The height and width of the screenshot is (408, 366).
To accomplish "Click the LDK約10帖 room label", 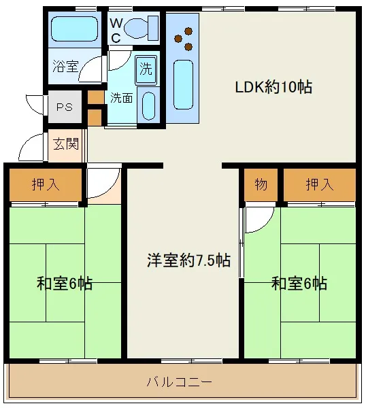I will (273, 87).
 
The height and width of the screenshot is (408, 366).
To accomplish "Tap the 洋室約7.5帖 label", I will (188, 260).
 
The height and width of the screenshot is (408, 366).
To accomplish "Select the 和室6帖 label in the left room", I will (65, 284).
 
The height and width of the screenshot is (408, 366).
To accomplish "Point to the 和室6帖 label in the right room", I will (299, 284).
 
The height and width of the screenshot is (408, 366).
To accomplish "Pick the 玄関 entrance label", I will (66, 144).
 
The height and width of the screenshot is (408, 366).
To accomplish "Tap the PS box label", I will (64, 107).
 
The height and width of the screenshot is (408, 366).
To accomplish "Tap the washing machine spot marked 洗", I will (146, 68).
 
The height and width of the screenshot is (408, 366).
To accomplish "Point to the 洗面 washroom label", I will (122, 98).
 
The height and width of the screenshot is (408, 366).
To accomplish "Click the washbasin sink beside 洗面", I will (148, 105).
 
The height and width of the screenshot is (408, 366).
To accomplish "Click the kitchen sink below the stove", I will (182, 82).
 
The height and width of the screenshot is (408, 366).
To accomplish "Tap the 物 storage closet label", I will (261, 184).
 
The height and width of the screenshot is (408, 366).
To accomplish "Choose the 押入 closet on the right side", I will (319, 184).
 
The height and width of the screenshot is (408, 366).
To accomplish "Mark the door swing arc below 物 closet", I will (259, 219).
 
